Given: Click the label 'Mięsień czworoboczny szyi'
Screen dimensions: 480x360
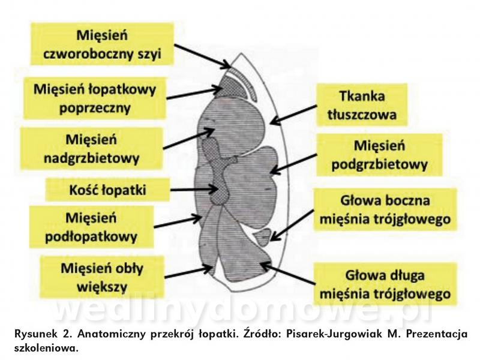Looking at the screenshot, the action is (102, 44).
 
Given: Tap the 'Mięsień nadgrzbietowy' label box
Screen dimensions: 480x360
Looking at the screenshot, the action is (91, 149).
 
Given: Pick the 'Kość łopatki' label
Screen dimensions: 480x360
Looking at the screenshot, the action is (107, 190).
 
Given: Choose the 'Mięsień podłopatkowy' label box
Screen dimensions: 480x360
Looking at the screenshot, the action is (91, 227).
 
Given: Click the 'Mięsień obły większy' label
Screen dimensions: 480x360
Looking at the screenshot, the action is (102, 277).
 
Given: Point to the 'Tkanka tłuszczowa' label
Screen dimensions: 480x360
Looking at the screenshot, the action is (362, 105).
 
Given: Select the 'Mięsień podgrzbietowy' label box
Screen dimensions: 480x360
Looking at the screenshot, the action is (379, 155).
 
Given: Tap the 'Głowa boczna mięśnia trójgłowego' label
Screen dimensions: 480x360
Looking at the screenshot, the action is (385, 209).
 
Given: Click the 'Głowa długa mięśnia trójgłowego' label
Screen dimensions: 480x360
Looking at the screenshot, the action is (385, 284).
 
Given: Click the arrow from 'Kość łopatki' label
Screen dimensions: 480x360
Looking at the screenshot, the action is (194, 190).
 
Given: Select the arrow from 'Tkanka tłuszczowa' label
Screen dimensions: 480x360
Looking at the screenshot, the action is (293, 115).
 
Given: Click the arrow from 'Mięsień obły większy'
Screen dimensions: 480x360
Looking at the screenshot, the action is (189, 272).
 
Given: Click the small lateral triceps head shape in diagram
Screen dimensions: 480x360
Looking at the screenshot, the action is (263, 237).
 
